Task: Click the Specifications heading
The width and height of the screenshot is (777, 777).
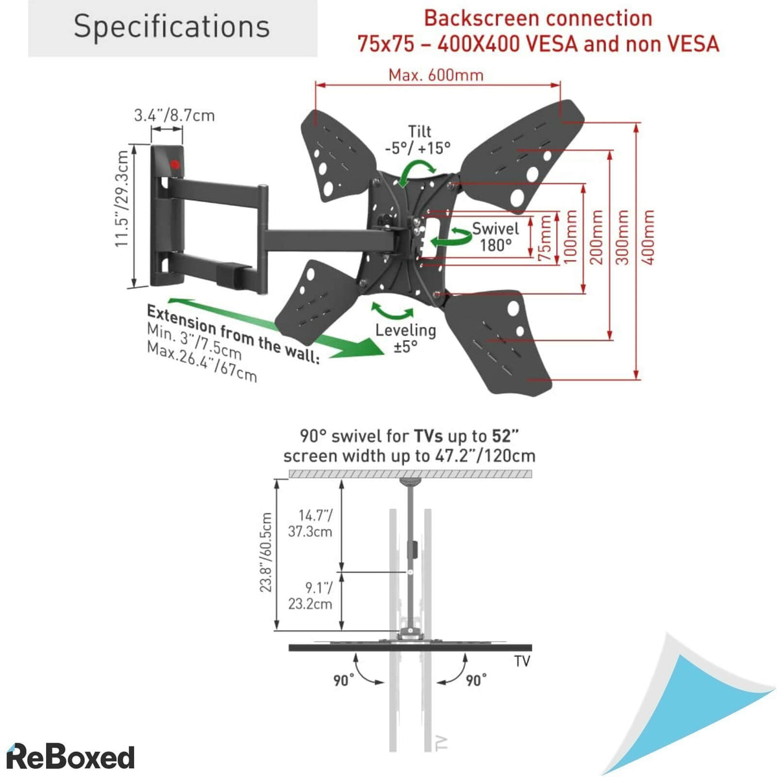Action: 172,27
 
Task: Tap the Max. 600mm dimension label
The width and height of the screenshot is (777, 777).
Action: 436,75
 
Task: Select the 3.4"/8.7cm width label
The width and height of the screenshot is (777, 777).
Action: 174,116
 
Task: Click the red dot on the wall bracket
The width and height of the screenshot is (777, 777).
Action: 174,164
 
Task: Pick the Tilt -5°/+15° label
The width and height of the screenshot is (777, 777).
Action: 418,140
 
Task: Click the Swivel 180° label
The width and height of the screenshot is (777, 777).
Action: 495,236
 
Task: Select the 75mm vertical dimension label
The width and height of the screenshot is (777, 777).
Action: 546,238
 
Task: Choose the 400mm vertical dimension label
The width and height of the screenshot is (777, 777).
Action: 648,237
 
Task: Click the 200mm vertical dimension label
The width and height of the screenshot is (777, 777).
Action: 596,237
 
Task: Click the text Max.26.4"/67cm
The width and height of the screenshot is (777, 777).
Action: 201,362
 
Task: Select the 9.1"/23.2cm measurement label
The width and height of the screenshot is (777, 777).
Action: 310,596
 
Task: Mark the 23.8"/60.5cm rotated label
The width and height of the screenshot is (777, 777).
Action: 266,552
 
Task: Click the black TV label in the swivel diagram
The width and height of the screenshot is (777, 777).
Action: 522,661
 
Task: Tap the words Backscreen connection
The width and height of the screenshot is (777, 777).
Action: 538,18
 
